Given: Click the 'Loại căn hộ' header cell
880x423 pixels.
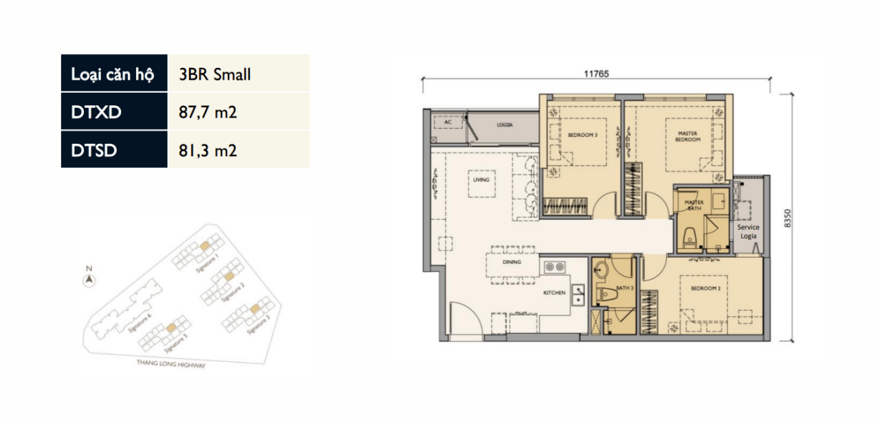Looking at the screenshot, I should (114, 74).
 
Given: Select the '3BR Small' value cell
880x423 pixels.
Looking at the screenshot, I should (214, 74).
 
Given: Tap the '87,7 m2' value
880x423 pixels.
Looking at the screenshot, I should (208, 112).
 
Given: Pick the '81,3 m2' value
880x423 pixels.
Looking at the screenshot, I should (208, 149).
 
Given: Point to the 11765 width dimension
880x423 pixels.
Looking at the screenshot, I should (596, 74).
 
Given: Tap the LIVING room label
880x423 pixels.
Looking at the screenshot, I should (481, 180).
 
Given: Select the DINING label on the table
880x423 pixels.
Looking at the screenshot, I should (511, 262).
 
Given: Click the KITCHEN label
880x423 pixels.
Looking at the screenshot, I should (554, 293).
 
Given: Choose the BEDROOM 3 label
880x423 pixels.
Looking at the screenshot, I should (582, 135).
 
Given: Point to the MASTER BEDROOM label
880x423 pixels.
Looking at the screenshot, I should (687, 136).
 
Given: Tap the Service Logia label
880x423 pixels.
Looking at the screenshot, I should (748, 231).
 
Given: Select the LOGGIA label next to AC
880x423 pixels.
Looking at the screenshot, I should (505, 125).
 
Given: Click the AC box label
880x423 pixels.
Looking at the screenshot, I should (448, 122).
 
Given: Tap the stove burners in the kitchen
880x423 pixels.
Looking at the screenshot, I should (555, 267).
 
